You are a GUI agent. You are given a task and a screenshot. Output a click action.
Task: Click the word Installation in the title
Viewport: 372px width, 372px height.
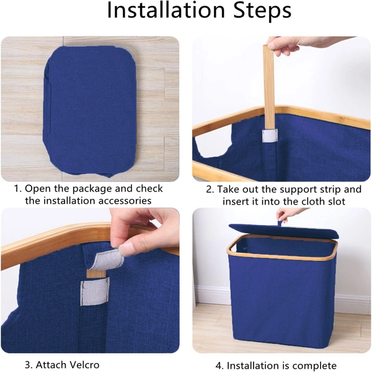166,11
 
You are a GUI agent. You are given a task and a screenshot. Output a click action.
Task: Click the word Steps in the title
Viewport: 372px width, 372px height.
262,11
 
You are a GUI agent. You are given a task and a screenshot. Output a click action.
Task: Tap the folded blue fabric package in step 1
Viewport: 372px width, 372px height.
89,111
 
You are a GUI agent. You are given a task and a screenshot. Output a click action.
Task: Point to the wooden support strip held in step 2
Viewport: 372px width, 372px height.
268,88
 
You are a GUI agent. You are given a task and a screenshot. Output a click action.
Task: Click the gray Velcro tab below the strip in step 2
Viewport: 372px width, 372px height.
270,135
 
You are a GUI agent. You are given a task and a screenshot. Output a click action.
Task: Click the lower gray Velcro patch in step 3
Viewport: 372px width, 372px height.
95,291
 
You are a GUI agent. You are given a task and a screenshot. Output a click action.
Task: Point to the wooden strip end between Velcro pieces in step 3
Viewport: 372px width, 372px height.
96,273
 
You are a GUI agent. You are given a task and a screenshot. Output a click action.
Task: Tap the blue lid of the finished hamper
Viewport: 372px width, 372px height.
284,231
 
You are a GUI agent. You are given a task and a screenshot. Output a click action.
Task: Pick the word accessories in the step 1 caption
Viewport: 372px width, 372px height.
125,201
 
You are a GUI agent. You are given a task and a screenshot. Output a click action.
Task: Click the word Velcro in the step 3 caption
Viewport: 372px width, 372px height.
82,365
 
